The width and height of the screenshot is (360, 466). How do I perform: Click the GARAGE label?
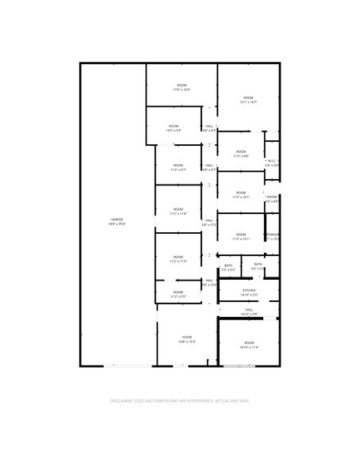[x=117, y=219]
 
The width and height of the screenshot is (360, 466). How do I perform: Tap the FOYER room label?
[x=187, y=337]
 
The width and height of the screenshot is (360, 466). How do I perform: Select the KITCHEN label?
[x=248, y=291]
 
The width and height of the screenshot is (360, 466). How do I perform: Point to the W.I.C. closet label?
[x=271, y=161]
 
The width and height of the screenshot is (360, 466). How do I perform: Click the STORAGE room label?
[x=273, y=235]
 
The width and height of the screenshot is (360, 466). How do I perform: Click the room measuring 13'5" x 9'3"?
[x=174, y=128]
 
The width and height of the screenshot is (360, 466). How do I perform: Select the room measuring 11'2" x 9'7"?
[x=178, y=167]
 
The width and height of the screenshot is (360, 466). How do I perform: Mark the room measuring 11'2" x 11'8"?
[x=178, y=212]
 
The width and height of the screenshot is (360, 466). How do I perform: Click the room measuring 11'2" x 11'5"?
[x=178, y=258]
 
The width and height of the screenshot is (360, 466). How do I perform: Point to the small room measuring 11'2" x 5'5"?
[x=178, y=295]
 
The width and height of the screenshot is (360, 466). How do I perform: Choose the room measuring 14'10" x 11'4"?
[x=249, y=345]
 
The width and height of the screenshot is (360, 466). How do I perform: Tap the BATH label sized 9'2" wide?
[x=258, y=265]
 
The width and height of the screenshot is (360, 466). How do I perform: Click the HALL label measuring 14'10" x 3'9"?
[x=249, y=310]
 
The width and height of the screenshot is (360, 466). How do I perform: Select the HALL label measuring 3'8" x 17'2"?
[x=209, y=221]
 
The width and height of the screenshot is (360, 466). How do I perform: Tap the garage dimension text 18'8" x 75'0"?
[x=117, y=224]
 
